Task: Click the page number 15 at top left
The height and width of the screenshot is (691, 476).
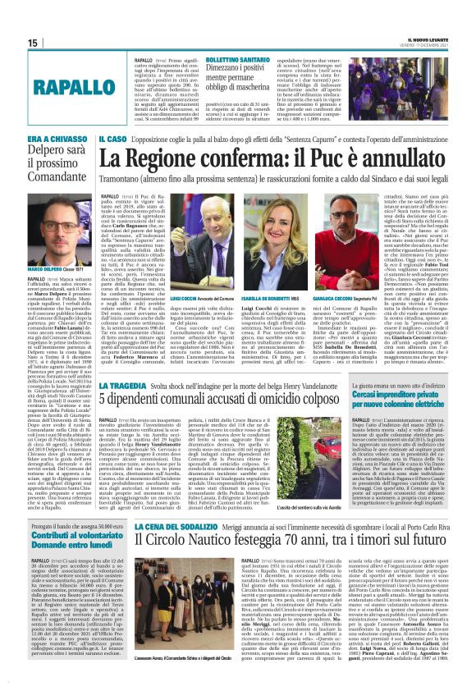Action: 11,43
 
